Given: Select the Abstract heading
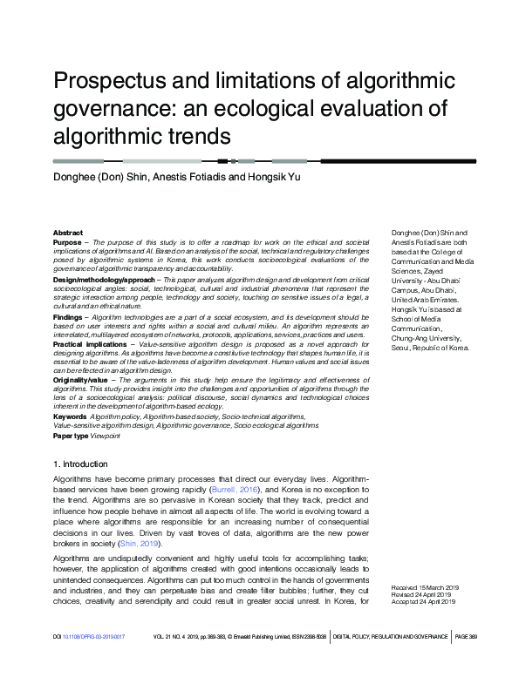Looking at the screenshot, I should [x=68, y=234].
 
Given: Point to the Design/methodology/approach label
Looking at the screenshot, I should [x=104, y=280].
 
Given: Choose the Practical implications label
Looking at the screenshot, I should [x=90, y=343].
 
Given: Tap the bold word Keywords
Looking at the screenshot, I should [x=70, y=417].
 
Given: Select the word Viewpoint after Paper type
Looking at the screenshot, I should [x=105, y=436].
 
